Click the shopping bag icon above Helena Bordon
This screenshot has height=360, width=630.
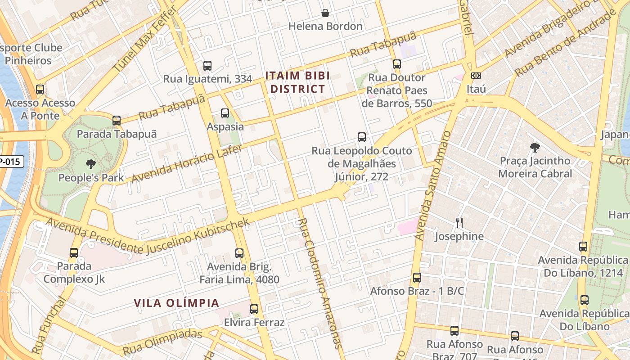pos(325,13)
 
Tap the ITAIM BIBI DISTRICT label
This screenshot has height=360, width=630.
pos(297,82)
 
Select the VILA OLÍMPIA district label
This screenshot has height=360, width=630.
pos(176,303)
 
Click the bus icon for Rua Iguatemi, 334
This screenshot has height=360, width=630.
pos(207,66)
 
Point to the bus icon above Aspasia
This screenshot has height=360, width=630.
pos(225,113)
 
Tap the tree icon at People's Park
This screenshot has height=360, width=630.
pos(91,164)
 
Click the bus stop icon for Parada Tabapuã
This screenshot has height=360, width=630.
pos(117,121)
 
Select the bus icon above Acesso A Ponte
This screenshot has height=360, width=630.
pos(40,90)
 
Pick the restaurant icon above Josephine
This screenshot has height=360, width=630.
pos(459,223)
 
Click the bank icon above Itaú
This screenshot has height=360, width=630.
pos(476,76)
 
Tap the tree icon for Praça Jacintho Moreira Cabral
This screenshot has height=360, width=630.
pos(535,148)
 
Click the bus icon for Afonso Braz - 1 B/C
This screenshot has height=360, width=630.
pos(417,278)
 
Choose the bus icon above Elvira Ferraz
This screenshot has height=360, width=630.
pos(254,309)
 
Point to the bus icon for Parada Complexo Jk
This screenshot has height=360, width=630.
pos(74,253)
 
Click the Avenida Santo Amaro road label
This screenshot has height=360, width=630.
pos(432,185)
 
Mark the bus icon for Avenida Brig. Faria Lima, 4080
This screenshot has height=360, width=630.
pos(239,253)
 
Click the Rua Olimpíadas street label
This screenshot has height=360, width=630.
pos(162,342)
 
